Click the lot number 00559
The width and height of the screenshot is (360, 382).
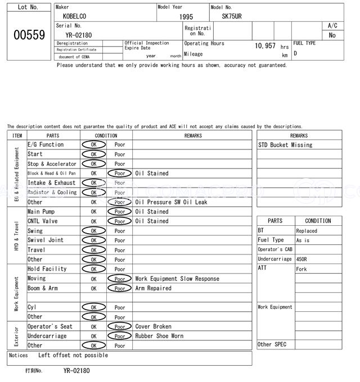point(29,35)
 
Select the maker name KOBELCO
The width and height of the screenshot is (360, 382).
point(75,17)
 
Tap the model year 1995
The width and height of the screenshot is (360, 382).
point(186,17)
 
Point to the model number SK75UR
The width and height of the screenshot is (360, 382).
point(231,17)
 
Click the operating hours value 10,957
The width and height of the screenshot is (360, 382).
point(265,46)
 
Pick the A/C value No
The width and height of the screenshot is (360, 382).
point(332,35)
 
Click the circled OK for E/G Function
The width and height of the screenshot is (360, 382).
point(93,145)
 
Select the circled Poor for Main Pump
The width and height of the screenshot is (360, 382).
point(120,212)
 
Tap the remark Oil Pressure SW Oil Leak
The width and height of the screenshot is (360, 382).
point(171,202)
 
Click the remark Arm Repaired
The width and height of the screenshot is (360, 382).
point(153,288)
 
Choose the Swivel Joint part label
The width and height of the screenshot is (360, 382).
point(46,240)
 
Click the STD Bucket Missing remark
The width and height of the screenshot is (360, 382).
point(285,145)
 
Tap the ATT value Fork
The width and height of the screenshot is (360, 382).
point(301,269)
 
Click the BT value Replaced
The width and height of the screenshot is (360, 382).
point(307,231)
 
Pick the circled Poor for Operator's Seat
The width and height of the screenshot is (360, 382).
point(120,326)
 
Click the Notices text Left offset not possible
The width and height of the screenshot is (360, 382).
point(73,356)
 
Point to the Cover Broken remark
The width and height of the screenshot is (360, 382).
point(153,326)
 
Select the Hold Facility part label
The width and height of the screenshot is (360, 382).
point(47,269)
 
